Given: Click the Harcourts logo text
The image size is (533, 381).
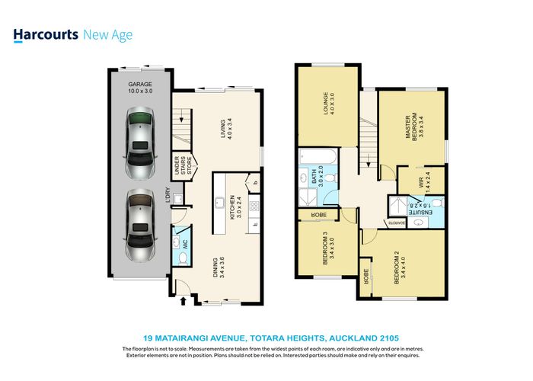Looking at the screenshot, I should (45, 34).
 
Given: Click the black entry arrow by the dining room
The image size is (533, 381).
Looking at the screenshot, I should (183, 303).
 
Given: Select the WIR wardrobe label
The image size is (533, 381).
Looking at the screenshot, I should (421, 183).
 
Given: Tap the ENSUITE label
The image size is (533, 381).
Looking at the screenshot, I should (420, 211).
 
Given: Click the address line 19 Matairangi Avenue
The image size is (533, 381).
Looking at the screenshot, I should (271, 336).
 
